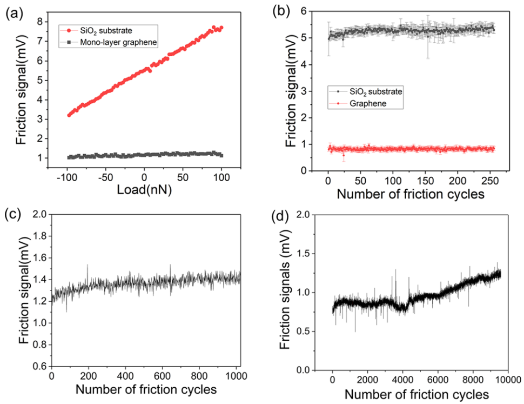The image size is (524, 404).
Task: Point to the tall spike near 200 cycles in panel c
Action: pos(88,266)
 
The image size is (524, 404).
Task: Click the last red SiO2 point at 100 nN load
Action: pos(221,28)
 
